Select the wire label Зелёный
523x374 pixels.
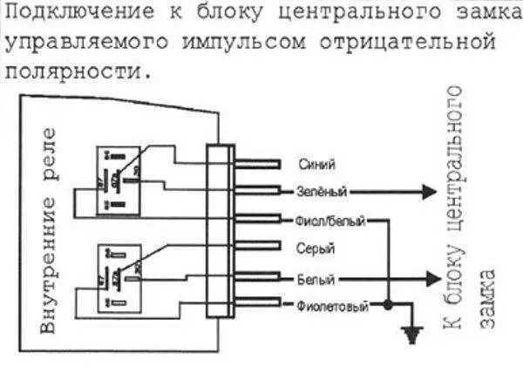coord(323,191)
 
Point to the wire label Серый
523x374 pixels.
coord(316,249)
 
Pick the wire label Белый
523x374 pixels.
coord(316,279)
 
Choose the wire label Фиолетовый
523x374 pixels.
coord(332,307)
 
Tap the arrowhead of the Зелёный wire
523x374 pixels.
coord(428,191)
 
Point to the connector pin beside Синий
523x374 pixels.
coord(256,164)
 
